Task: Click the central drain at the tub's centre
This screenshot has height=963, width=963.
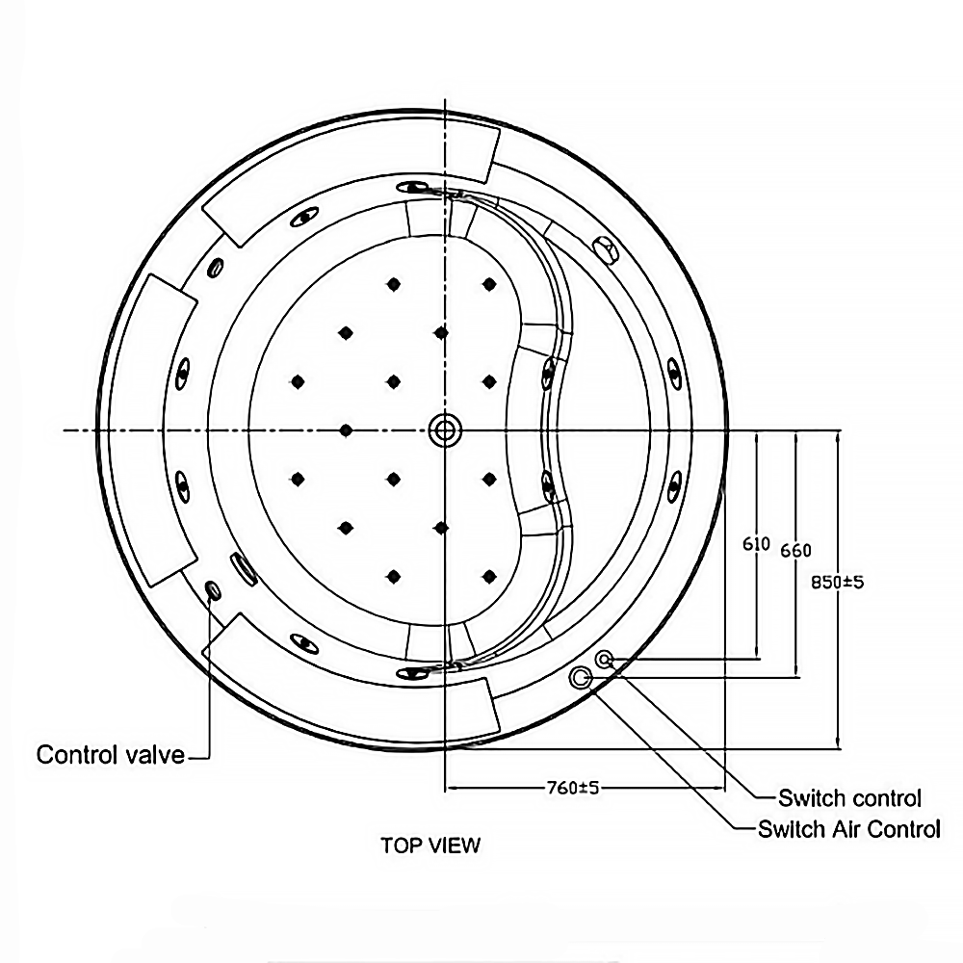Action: (x=445, y=429)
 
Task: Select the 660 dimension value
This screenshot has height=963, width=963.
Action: (x=795, y=550)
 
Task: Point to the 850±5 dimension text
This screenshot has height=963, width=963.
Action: (x=837, y=582)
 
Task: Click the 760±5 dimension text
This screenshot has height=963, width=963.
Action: (x=573, y=788)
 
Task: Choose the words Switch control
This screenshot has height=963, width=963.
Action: (x=849, y=798)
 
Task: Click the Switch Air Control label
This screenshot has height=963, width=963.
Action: (x=848, y=829)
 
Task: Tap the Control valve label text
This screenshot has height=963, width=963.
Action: (x=110, y=754)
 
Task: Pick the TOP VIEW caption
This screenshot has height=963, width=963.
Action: (x=429, y=846)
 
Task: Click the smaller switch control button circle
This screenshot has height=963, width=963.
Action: (x=605, y=660)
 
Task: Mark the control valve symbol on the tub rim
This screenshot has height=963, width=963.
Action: (x=213, y=589)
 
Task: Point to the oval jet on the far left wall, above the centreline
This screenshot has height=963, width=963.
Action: (x=183, y=370)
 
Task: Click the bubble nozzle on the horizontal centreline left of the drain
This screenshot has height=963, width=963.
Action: (x=345, y=429)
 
